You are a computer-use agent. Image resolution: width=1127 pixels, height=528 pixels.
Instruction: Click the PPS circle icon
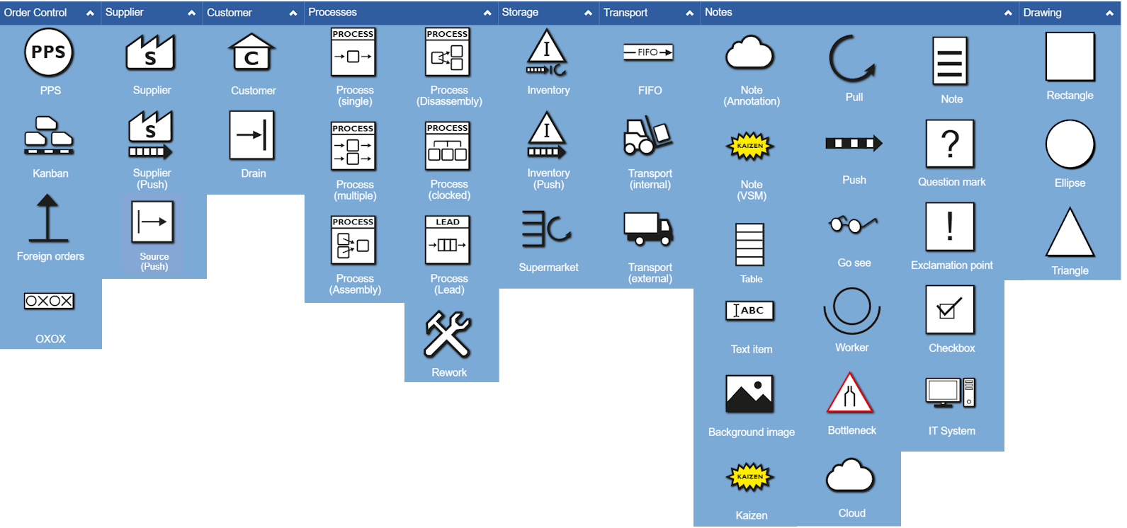(x=49, y=52)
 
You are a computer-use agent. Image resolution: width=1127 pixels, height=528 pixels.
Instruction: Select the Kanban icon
(x=49, y=135)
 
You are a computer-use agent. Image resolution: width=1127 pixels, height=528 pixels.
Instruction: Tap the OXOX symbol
(x=49, y=301)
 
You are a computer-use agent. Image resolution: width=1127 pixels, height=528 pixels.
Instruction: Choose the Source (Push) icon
(x=152, y=222)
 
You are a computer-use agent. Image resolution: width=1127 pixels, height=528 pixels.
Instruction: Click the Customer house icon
(x=251, y=52)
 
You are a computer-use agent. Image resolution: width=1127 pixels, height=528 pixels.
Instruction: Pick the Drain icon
(x=251, y=135)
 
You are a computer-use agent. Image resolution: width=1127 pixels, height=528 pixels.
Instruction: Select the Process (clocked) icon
(x=448, y=147)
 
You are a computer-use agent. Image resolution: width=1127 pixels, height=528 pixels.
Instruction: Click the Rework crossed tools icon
(x=448, y=335)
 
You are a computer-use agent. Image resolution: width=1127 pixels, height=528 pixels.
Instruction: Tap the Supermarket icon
(x=547, y=229)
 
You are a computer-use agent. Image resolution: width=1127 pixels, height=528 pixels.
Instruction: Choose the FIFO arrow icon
(x=648, y=52)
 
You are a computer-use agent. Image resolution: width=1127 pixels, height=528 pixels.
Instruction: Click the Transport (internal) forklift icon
(x=647, y=136)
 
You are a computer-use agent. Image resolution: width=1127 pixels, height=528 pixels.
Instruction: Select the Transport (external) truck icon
(x=647, y=229)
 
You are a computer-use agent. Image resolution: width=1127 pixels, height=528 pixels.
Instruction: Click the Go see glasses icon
(x=853, y=225)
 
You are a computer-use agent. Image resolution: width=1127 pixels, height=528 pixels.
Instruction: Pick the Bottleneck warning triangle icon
(x=850, y=394)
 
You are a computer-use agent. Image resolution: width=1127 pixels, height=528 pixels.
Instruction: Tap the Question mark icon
(x=950, y=144)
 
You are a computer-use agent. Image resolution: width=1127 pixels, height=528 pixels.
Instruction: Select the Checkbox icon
(x=950, y=309)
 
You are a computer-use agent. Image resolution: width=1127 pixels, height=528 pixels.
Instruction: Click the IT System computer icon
(x=950, y=393)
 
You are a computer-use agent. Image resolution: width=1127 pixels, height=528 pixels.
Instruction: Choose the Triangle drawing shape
(x=1070, y=234)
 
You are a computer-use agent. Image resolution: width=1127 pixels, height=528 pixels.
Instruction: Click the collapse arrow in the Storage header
(x=588, y=13)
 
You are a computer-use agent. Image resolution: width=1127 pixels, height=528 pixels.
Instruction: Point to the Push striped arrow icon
(x=854, y=144)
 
